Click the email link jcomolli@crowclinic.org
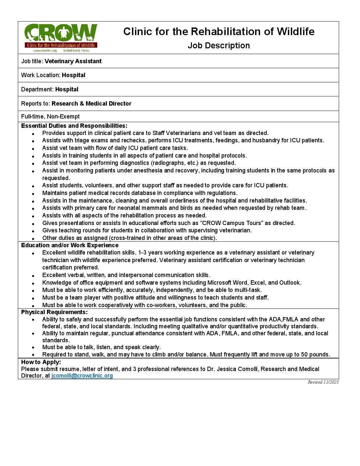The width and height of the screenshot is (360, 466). coord(82,376)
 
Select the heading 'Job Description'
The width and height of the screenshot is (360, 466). coord(219,46)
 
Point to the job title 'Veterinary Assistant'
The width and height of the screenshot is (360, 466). coord(73,61)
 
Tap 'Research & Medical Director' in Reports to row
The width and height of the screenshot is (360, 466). coord(91,104)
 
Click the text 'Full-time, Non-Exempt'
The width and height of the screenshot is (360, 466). coord(50,117)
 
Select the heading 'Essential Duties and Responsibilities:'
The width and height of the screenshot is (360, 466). coord(74,126)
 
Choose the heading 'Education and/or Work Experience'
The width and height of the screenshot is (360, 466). coord(70,245)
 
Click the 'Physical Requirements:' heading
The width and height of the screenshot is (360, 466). coord(54,312)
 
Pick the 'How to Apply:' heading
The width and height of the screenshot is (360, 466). coord(41,362)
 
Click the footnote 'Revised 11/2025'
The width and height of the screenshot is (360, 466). coord(323,382)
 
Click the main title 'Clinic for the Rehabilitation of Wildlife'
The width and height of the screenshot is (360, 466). coord(219,31)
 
